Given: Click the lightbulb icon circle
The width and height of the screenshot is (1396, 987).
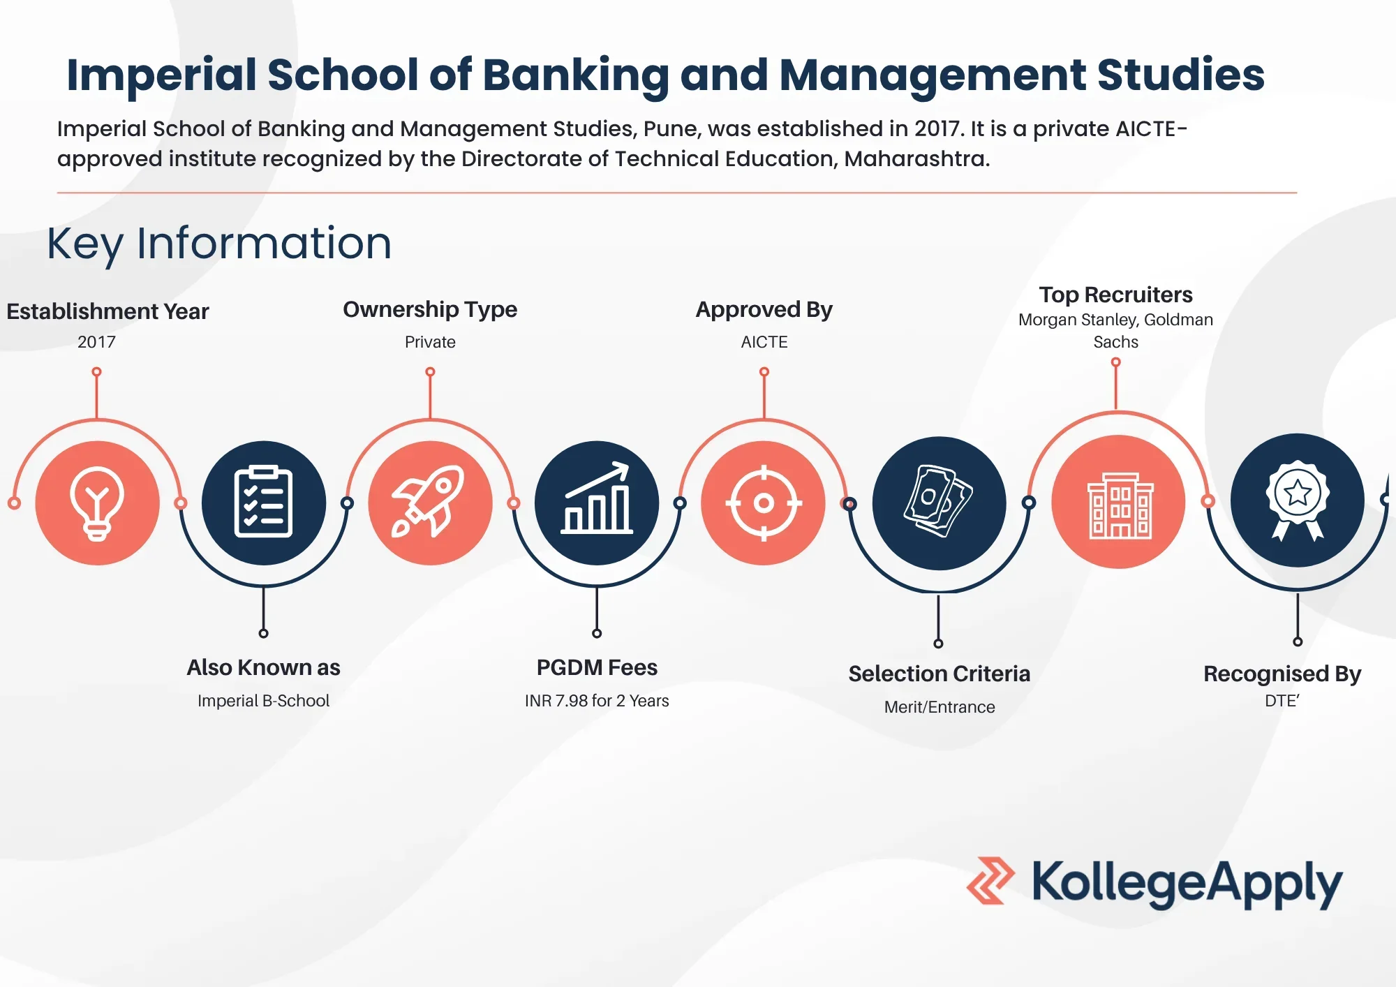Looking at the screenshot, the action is pyautogui.click(x=97, y=503).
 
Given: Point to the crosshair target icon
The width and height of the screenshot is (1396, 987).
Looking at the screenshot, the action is pyautogui.click(x=764, y=503).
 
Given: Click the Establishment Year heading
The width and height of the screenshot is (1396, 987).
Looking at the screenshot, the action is pyautogui.click(x=107, y=311).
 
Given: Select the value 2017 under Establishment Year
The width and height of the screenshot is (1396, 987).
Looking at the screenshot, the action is pyautogui.click(x=96, y=342).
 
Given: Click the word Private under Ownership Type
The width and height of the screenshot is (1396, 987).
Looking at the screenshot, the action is pyautogui.click(x=430, y=342).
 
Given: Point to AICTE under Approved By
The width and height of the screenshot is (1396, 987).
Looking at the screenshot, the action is pyautogui.click(x=764, y=342).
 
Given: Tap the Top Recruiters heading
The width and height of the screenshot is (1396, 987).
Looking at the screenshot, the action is pyautogui.click(x=1115, y=295).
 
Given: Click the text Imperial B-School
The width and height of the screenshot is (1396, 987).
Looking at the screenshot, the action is pyautogui.click(x=263, y=701).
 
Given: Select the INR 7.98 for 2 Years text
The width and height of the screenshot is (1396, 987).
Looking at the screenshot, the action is pyautogui.click(x=597, y=701).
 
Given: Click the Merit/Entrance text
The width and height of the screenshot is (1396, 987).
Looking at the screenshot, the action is pyautogui.click(x=940, y=707).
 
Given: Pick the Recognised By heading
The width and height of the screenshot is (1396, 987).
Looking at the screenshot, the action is pyautogui.click(x=1282, y=674).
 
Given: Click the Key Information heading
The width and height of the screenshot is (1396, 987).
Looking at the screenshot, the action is pyautogui.click(x=219, y=244).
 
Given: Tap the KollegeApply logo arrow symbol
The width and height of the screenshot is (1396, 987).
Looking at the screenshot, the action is pyautogui.click(x=990, y=881).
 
